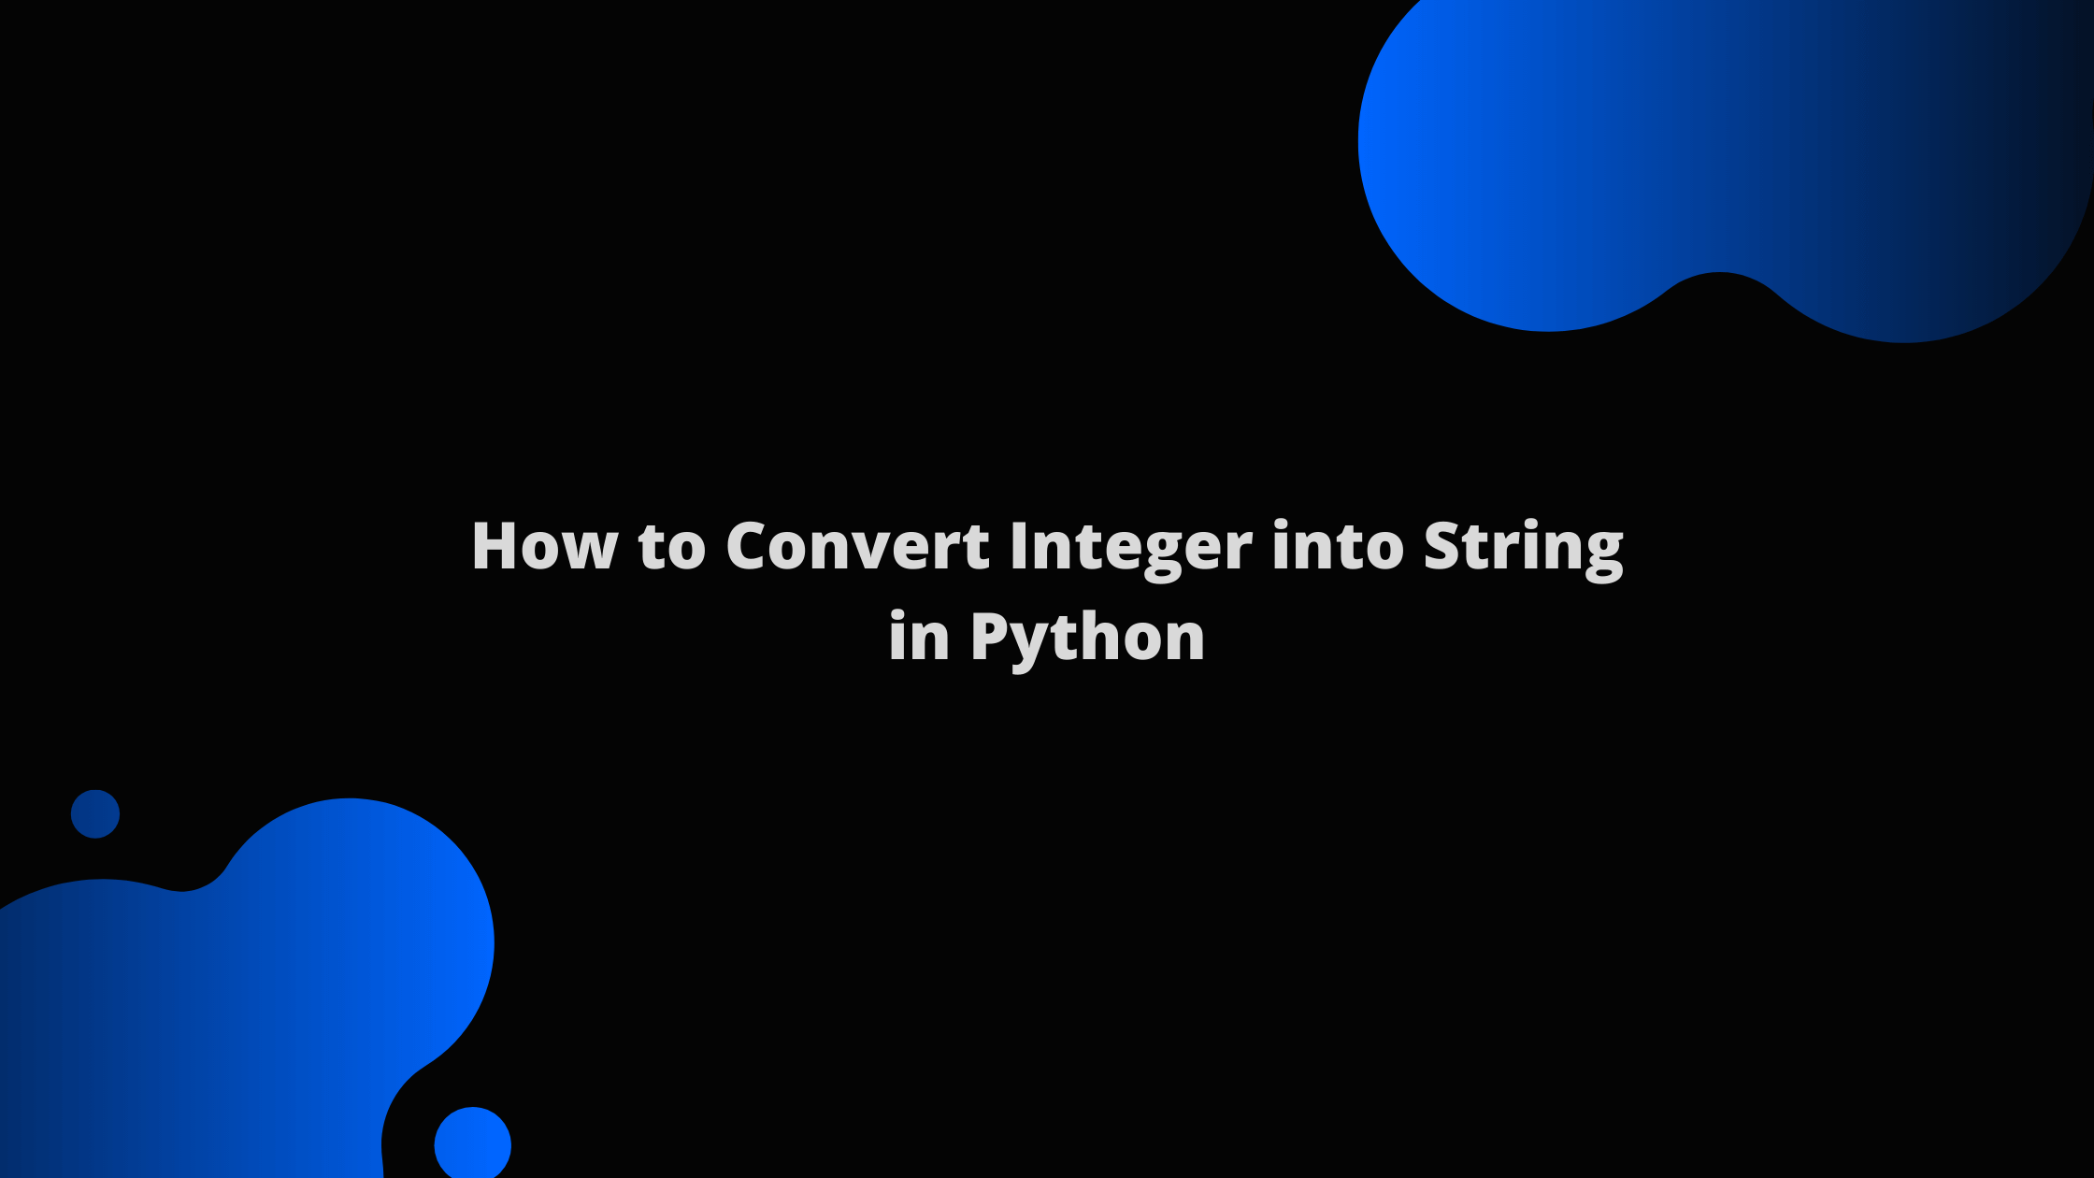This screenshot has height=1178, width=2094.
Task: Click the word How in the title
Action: [x=544, y=546]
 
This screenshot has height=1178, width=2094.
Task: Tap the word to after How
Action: [x=672, y=548]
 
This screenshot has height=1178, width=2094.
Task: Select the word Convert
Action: [x=857, y=546]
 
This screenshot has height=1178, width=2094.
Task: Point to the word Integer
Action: [x=1130, y=548]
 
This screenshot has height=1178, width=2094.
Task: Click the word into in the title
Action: [x=1338, y=546]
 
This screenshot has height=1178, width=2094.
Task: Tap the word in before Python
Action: [x=919, y=638]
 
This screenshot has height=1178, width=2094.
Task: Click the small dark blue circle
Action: [x=95, y=813]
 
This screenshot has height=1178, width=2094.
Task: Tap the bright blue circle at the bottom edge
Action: [x=473, y=1143]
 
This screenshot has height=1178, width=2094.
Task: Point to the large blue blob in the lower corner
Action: [x=252, y=991]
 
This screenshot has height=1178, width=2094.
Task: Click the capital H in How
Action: [x=495, y=546]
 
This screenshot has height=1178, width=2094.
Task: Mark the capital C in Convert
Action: [x=750, y=546]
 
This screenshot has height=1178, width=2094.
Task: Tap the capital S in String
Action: [x=1445, y=546]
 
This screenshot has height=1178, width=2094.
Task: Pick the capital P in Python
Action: [x=992, y=638]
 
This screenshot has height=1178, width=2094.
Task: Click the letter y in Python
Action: [x=1033, y=645]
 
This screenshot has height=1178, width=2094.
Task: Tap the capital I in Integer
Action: [x=1019, y=546]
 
